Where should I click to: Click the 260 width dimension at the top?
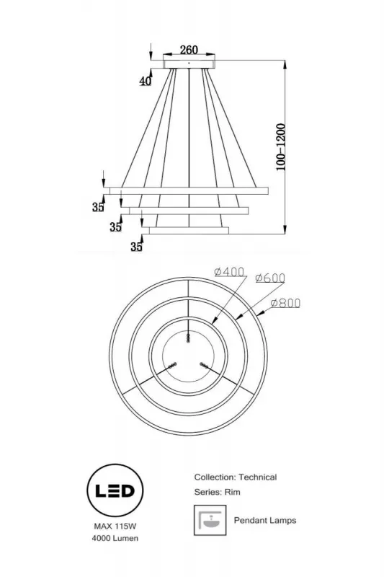[x=189, y=50]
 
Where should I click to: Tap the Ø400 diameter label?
[x=230, y=273]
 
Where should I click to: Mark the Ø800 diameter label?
[x=285, y=304]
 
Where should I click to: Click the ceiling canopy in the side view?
[x=189, y=64]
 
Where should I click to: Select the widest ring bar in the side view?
[x=189, y=190]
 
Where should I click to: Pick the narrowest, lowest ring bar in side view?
[x=189, y=231]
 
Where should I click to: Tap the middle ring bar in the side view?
[x=189, y=210]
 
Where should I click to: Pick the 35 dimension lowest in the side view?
[x=136, y=247]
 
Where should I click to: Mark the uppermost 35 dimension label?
[x=98, y=208]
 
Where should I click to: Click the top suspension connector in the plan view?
[x=189, y=338]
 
